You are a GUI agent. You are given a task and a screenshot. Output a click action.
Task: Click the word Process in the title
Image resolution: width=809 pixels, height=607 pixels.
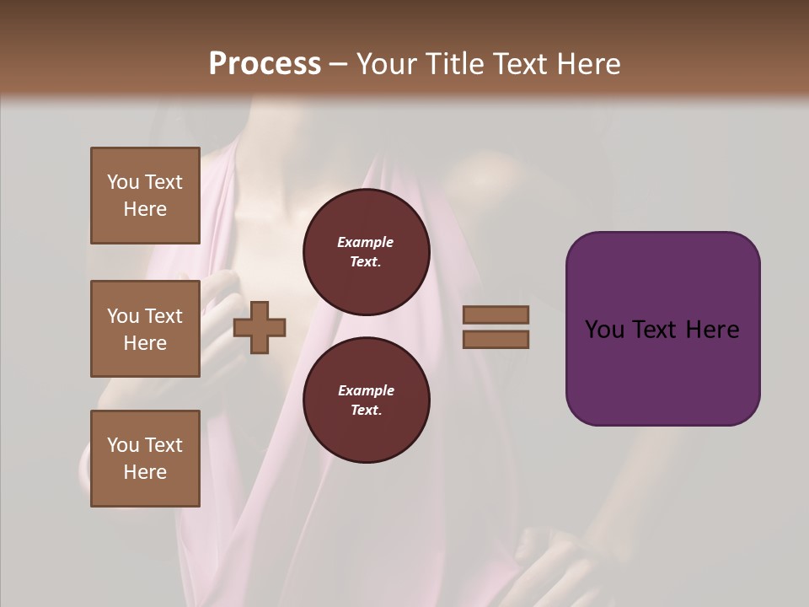pyautogui.click(x=265, y=63)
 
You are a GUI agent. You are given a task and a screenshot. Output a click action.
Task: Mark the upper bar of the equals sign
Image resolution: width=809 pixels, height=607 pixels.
pyautogui.click(x=496, y=315)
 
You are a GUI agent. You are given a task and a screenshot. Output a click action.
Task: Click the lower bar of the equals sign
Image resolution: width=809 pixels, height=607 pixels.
pyautogui.click(x=496, y=339)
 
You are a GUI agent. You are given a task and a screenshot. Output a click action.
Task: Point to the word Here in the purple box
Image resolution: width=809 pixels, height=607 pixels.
pyautogui.click(x=712, y=330)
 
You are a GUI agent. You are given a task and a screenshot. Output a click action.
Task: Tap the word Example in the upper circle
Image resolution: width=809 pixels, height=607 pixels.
pyautogui.click(x=366, y=242)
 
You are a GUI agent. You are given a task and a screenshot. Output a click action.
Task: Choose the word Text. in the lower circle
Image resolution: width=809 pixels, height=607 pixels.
pyautogui.click(x=366, y=410)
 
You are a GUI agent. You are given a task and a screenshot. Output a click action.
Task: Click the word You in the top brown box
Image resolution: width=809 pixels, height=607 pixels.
pyautogui.click(x=123, y=182)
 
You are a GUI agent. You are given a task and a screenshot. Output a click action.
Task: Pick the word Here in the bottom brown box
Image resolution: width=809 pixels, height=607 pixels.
pyautogui.click(x=145, y=472)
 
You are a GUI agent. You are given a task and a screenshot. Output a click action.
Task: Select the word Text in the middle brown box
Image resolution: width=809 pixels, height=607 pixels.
pyautogui.click(x=163, y=316)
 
